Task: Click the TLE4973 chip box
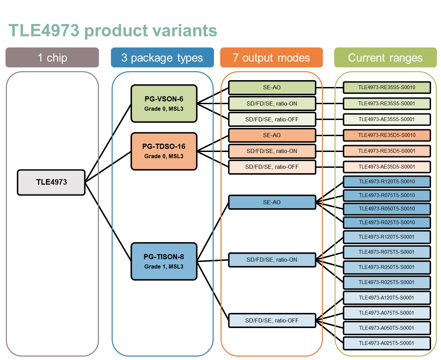coord(51,182)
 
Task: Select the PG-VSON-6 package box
coord(164,103)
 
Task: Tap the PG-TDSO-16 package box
coord(164,151)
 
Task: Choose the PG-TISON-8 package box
coord(164,261)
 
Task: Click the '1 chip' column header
coord(52,57)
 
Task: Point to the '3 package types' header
coord(162,57)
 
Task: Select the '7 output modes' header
coord(272,57)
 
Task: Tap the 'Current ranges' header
coord(385,57)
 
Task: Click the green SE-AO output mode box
coord(272,87)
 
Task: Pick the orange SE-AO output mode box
coord(272,135)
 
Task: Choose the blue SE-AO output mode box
coord(272,202)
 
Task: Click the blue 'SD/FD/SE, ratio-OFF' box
coord(272,320)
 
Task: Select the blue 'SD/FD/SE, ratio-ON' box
coord(272,260)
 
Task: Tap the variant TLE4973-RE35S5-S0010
coord(387,87)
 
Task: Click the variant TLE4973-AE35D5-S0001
coord(387,167)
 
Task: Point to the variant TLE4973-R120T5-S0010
coord(387,182)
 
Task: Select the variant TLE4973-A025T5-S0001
coord(387,343)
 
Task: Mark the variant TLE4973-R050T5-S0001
coord(387,267)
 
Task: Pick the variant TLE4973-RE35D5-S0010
coord(387,135)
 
